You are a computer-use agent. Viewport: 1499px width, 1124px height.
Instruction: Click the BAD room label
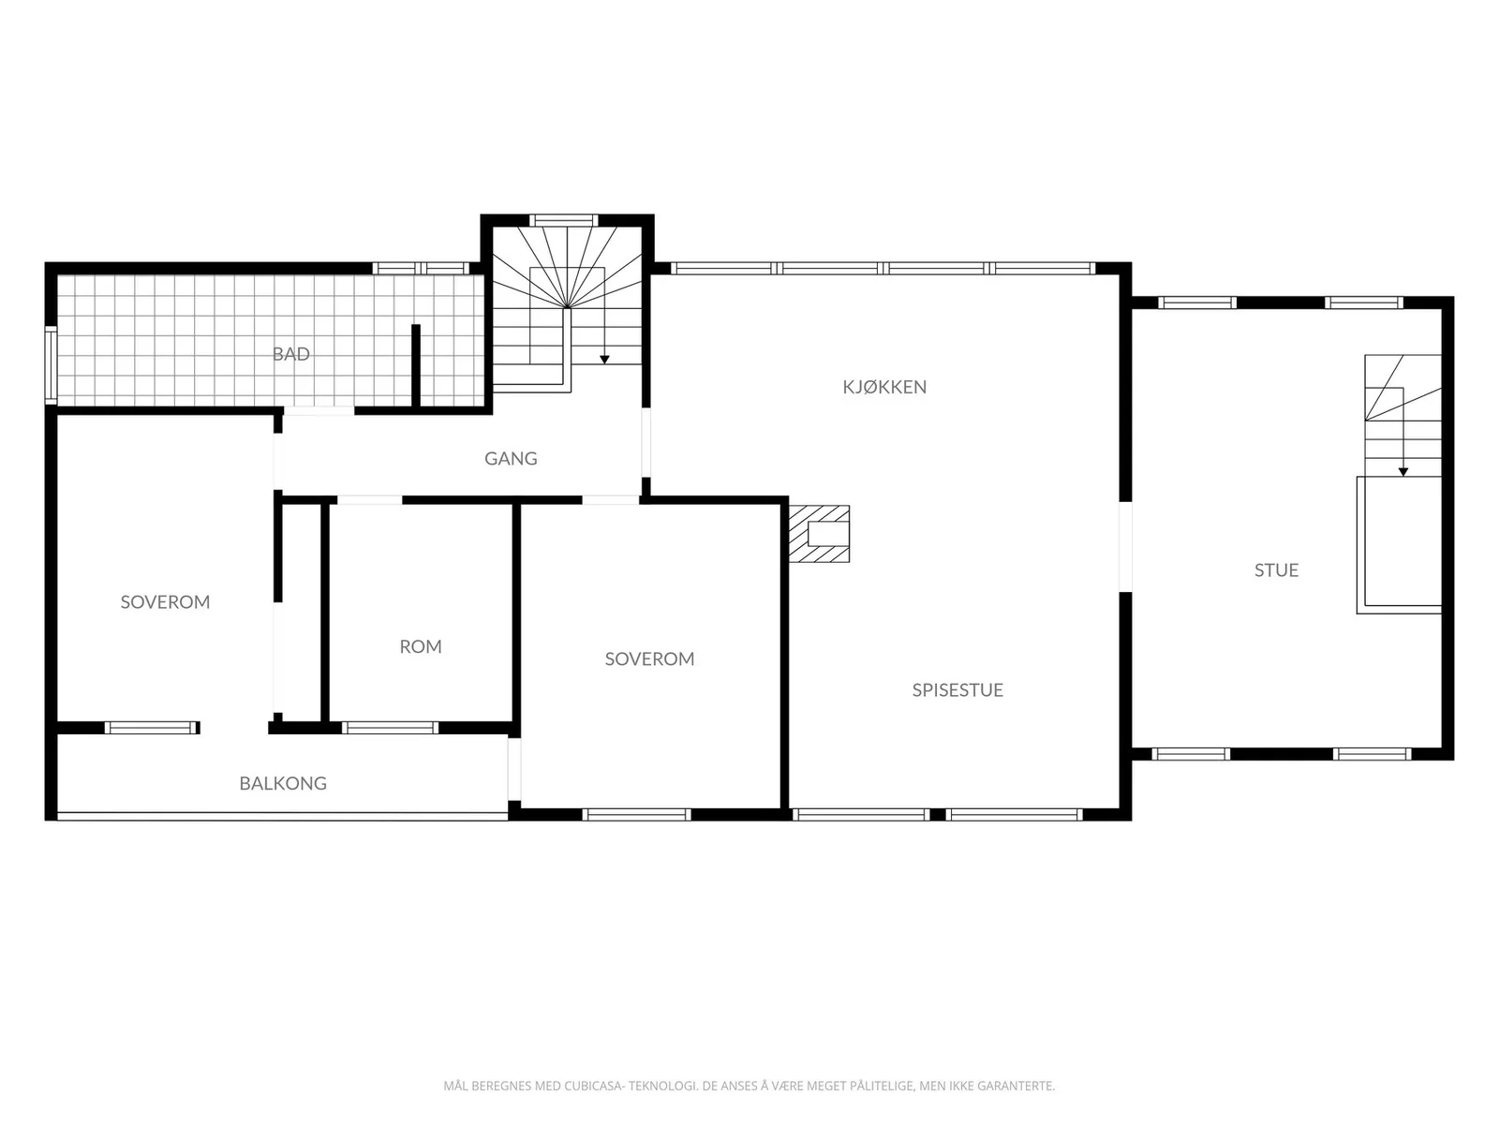291,353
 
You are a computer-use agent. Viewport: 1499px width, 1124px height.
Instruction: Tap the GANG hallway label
511,459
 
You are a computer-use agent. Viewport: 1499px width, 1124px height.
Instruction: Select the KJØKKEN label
884,387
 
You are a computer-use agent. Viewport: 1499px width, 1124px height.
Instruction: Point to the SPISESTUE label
957,690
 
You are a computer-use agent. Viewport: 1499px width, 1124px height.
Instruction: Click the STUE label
1276,570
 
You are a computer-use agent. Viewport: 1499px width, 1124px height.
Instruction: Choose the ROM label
421,646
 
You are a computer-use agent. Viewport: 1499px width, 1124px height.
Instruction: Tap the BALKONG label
283,783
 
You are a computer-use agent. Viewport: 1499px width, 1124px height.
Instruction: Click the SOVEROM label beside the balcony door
165,602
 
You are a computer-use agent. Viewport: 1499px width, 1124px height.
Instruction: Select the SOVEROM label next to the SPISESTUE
649,658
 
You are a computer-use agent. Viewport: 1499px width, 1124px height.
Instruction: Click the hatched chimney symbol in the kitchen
819,534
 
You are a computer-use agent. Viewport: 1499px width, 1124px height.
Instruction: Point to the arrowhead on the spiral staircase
604,360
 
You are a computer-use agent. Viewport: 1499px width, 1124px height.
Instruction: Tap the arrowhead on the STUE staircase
1403,471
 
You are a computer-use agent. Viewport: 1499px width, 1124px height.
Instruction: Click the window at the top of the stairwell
564,220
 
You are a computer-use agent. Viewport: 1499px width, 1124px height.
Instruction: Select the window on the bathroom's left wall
52,365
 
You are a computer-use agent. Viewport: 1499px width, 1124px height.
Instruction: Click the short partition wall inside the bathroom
415,366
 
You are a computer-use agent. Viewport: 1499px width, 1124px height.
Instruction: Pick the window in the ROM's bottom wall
390,728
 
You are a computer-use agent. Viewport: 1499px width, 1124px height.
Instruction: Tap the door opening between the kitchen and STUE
1125,547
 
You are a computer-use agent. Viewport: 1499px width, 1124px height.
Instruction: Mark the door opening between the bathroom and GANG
319,411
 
